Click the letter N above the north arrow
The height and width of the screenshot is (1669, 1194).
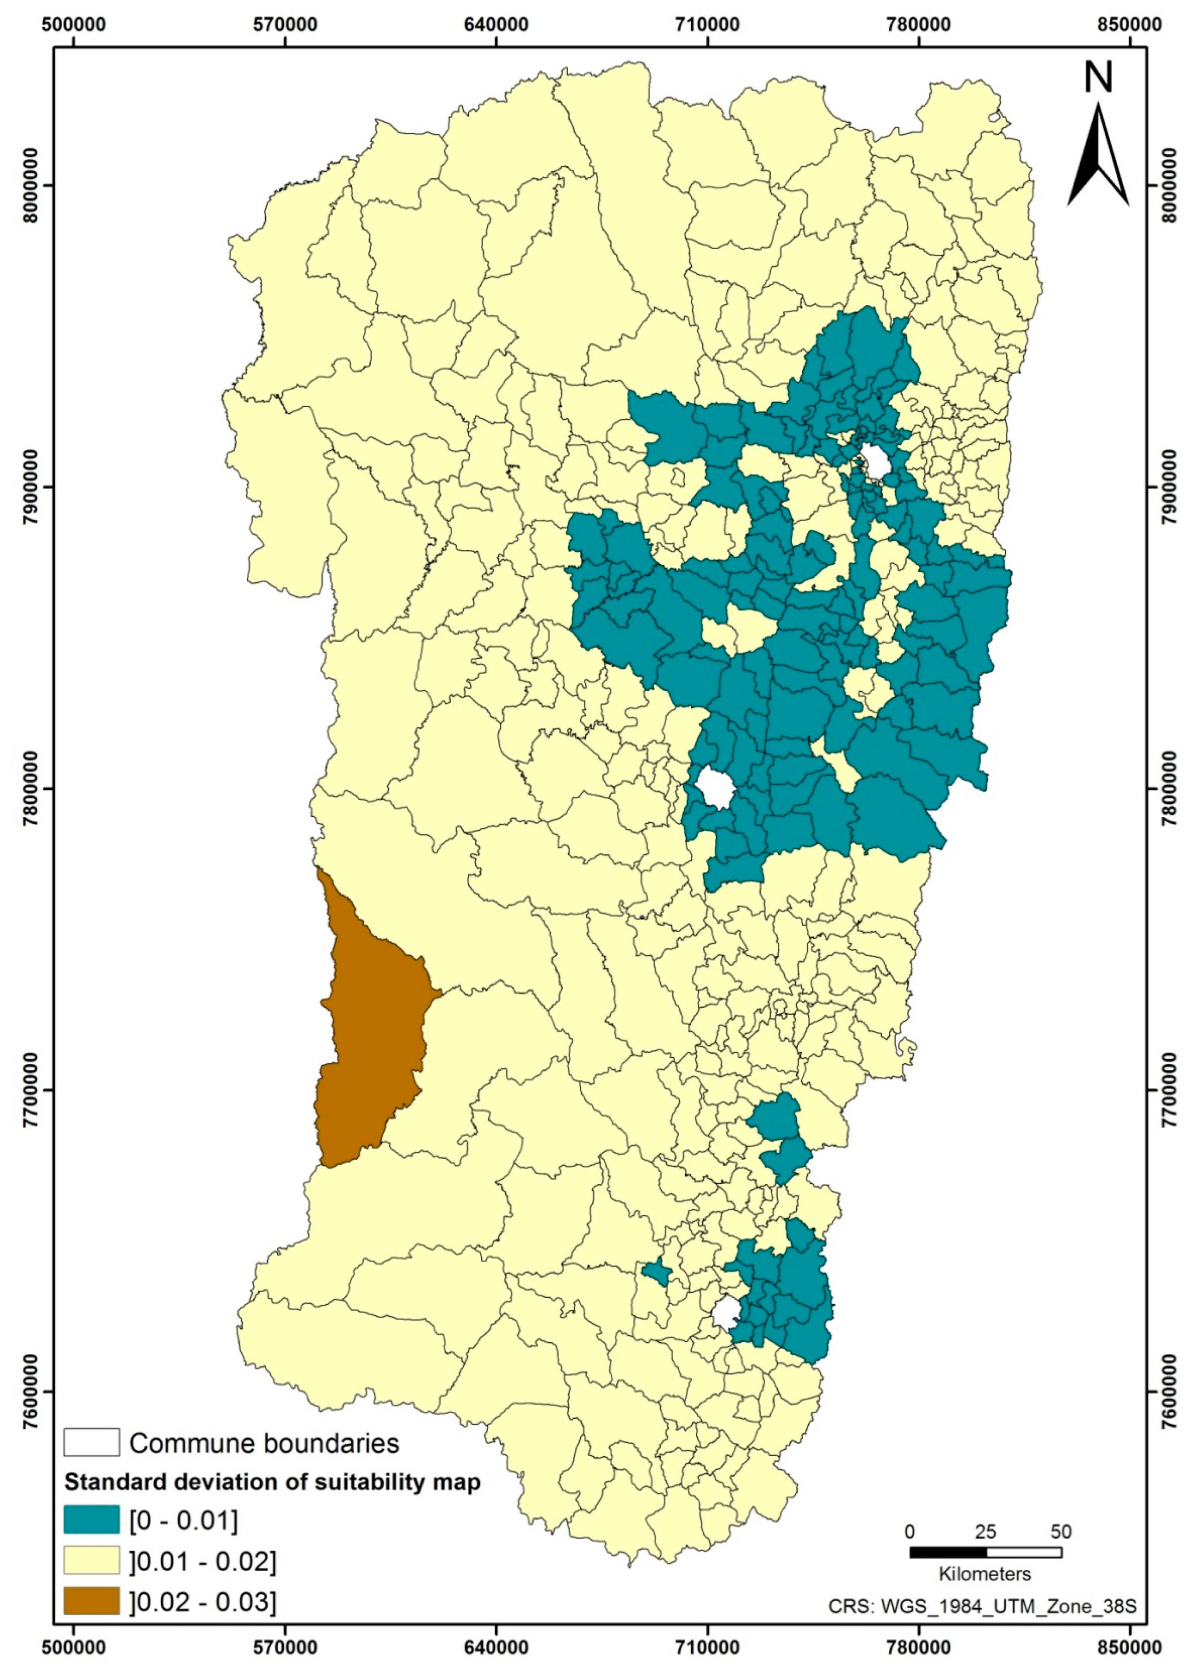coord(1098,77)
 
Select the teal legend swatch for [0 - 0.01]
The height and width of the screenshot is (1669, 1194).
coord(91,1520)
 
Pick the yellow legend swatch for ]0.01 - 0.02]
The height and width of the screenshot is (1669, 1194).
coord(91,1560)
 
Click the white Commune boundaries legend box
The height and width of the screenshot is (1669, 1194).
coord(91,1443)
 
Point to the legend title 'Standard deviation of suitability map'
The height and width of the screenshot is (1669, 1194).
coord(272,1482)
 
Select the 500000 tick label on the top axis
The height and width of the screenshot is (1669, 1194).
coord(74,24)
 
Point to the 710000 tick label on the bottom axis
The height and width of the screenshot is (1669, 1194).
coord(707,1644)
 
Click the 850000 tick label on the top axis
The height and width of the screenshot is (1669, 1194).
coord(1130,24)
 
